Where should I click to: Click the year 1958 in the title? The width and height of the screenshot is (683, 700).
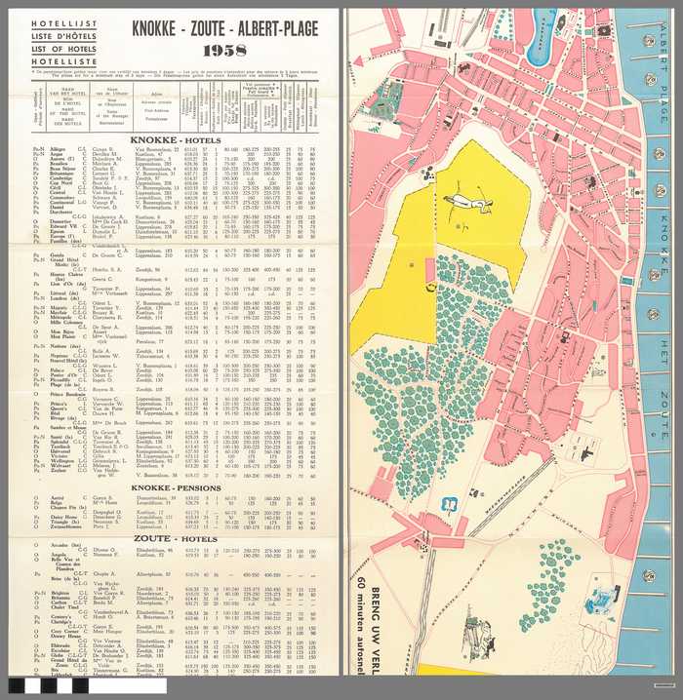(x=224, y=50)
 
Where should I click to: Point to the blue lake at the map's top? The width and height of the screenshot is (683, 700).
(x=541, y=23)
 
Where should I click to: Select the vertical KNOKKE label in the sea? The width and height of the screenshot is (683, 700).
(x=664, y=239)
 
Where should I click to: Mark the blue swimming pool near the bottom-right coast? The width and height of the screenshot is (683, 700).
(x=598, y=604)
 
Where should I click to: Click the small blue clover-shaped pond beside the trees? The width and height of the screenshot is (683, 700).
(x=450, y=504)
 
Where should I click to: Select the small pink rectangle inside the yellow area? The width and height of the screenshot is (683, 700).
(x=426, y=269)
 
